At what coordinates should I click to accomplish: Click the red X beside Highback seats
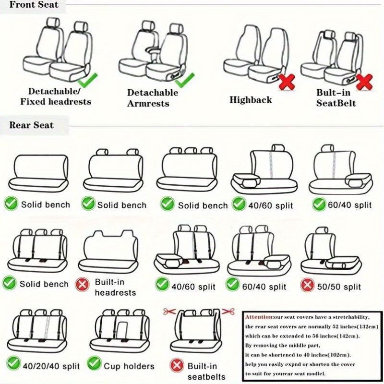(x=287, y=82)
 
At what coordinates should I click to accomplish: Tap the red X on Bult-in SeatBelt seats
(x=364, y=82)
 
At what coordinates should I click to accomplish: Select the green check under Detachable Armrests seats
(x=185, y=80)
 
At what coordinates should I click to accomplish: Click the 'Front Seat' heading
(x=34, y=5)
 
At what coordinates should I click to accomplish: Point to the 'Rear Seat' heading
(x=31, y=125)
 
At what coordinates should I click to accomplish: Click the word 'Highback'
(x=251, y=100)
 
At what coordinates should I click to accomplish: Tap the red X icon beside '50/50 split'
(x=307, y=285)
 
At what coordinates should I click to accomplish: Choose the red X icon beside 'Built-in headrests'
(x=82, y=284)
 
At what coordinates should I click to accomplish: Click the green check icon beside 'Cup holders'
(x=94, y=363)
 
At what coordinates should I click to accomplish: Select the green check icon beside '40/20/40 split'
(x=13, y=363)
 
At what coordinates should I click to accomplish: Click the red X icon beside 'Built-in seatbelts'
(x=177, y=365)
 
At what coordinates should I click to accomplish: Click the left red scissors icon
(x=169, y=312)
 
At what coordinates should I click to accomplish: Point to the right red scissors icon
(x=228, y=312)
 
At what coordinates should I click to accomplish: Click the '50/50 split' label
(x=339, y=287)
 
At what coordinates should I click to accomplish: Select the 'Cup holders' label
(x=129, y=366)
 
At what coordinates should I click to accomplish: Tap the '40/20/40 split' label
(x=51, y=366)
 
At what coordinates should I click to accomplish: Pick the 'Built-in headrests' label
(x=115, y=287)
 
